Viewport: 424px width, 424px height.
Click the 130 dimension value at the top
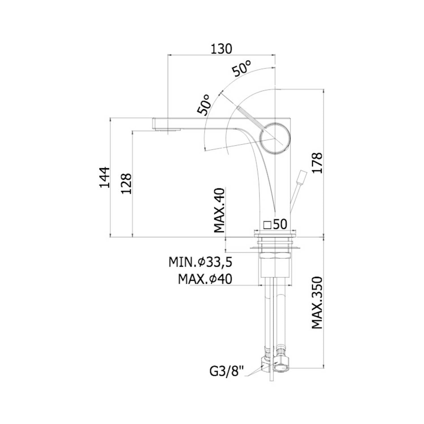click(221, 49)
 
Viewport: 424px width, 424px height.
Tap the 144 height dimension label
click(104, 177)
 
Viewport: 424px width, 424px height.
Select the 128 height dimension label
click(126, 183)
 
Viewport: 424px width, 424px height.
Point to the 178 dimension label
click(317, 163)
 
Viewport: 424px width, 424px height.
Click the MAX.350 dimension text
click(317, 303)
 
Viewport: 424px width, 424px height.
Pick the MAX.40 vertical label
click(219, 210)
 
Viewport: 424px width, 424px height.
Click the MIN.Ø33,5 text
click(200, 262)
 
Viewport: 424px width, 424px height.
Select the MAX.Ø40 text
click(205, 279)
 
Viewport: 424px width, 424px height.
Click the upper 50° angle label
click(242, 68)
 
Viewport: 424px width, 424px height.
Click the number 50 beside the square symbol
click(280, 224)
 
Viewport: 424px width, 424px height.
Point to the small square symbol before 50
click(267, 225)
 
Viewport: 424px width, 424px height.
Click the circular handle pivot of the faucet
click(275, 138)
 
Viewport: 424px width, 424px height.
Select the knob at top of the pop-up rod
click(302, 177)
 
